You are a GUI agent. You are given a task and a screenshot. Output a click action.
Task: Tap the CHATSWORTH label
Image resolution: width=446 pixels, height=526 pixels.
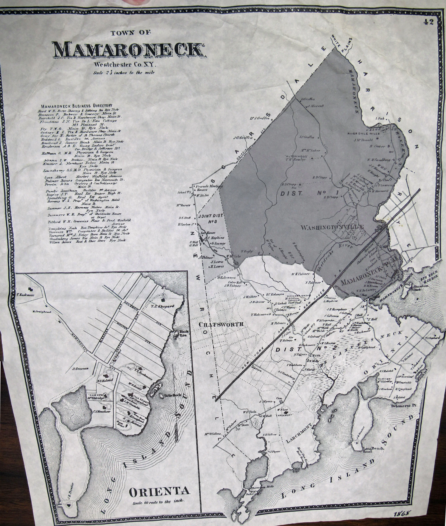(221, 324)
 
